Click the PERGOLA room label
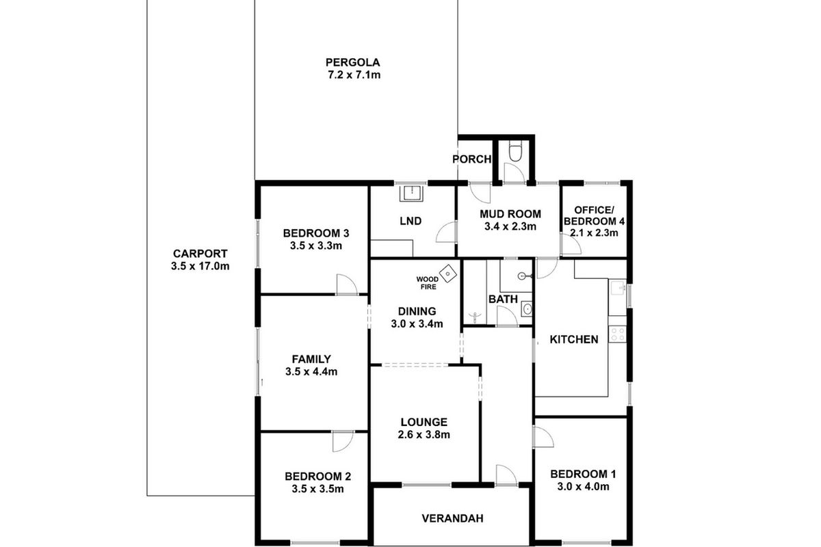point(353,62)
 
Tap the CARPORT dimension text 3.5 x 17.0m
point(200,266)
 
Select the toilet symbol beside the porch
point(517,150)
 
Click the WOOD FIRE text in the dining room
point(428,283)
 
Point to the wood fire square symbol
point(448,274)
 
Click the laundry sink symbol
point(412,194)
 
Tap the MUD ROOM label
point(510,213)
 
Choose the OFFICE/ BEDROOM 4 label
point(594,215)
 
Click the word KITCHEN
point(574,339)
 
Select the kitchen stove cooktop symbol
point(618,334)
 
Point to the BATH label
point(502,299)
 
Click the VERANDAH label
point(452,518)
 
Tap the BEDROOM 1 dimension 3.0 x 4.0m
point(579,487)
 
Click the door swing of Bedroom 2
point(342,442)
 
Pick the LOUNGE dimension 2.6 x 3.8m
point(424,435)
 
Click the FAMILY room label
point(311,359)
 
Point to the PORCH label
point(472,159)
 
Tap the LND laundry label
point(410,221)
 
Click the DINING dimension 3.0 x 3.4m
point(417,324)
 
